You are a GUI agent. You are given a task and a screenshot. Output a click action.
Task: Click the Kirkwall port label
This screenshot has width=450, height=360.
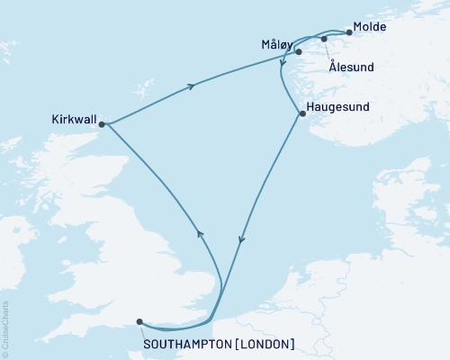point(76,116)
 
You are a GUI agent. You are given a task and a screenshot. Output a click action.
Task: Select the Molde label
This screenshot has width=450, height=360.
point(369,27)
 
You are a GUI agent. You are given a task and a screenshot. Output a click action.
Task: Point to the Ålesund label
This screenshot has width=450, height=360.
point(350,67)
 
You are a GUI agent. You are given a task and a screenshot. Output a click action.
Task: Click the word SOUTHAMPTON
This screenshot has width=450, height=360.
point(184,343)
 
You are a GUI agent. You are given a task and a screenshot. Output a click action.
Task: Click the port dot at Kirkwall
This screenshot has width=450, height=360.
point(102,124)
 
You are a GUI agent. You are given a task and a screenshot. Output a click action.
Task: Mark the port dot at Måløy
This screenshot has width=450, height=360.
point(298,52)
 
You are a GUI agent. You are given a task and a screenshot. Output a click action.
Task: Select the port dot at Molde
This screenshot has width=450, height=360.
point(348,33)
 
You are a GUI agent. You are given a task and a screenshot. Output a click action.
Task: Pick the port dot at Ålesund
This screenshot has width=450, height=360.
point(324,39)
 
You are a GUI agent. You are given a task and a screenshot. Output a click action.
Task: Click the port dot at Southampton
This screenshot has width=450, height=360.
point(139,320)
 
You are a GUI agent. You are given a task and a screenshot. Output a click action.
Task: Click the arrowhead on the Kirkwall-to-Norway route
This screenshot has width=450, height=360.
point(191,86)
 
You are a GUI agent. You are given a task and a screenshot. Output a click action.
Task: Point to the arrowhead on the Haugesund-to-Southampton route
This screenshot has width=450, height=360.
point(240,240)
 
